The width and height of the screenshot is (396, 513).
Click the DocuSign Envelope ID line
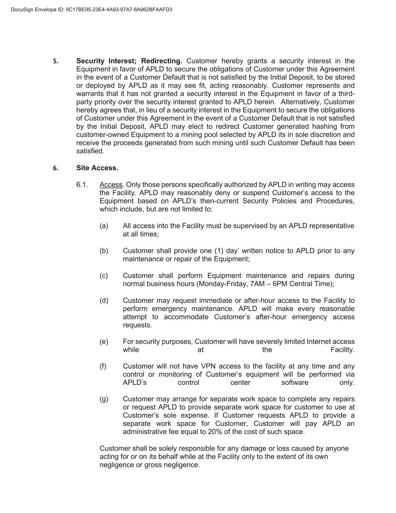[92, 9]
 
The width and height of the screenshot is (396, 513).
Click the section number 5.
[56, 61]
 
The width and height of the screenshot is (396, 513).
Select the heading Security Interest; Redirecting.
[129, 61]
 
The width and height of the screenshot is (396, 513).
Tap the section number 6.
[56, 168]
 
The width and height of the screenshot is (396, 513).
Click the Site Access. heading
[97, 168]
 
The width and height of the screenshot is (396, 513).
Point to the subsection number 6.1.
[82, 185]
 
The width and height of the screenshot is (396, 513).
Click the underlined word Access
[111, 185]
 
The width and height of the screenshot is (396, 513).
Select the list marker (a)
[104, 226]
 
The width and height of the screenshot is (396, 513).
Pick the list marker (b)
[104, 251]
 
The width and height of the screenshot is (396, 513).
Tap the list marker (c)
[104, 275]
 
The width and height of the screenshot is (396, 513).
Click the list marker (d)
[104, 300]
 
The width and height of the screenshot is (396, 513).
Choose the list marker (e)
[104, 342]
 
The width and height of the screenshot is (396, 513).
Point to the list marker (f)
[103, 366]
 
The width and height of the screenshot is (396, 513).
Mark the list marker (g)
[104, 399]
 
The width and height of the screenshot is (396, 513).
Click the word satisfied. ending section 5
[90, 151]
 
